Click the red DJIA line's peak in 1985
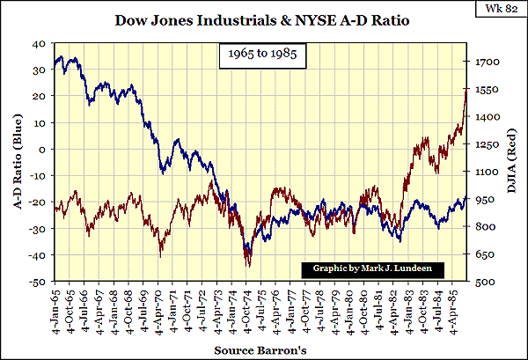(466, 88)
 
